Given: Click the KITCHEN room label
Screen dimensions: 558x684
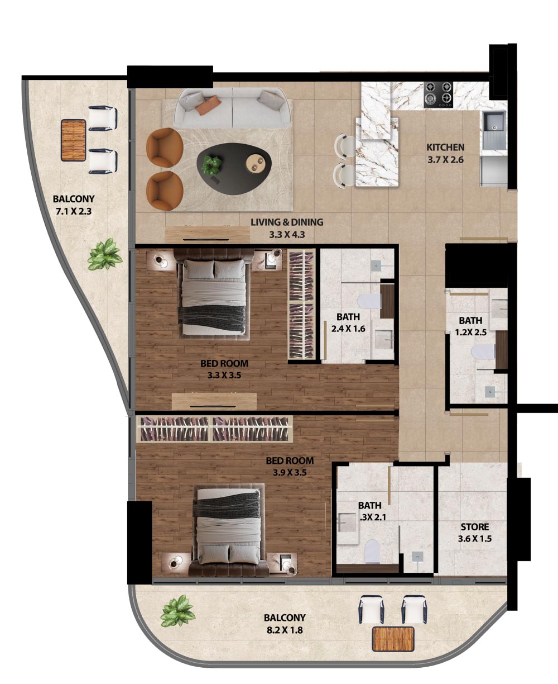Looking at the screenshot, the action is [x=445, y=148].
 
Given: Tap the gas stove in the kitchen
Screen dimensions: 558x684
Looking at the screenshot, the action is [x=439, y=94].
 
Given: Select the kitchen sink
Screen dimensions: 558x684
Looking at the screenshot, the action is [x=494, y=125].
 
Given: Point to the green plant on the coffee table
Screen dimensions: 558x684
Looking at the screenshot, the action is [x=212, y=165].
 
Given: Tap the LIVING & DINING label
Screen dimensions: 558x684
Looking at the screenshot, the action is [x=287, y=222].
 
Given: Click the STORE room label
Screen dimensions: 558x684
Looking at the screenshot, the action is [x=475, y=527].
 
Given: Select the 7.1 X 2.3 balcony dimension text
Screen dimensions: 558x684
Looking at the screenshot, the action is [x=74, y=211].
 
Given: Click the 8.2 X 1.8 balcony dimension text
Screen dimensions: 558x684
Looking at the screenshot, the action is [x=285, y=630].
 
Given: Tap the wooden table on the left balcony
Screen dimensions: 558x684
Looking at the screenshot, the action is [x=74, y=140].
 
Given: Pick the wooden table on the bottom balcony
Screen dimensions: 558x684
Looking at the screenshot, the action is [x=393, y=639].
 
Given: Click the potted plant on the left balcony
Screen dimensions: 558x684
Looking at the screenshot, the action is [x=104, y=255].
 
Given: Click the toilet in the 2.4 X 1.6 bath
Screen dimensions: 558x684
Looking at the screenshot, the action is [x=369, y=301].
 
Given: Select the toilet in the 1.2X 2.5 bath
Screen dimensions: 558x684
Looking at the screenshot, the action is [x=483, y=351].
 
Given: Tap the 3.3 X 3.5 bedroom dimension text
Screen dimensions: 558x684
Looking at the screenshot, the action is [x=224, y=376].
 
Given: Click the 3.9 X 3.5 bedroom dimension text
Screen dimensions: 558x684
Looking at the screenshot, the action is [x=290, y=473].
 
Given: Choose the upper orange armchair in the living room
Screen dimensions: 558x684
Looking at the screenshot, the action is [x=165, y=148].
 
